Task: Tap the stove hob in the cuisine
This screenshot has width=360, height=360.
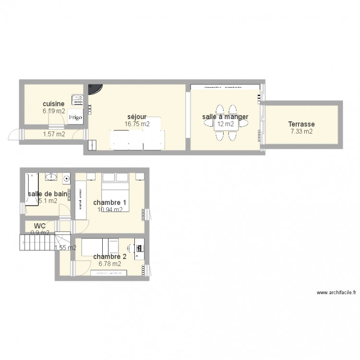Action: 77,100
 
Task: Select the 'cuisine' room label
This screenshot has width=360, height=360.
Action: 53,104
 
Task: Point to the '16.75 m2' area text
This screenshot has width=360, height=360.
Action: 137,124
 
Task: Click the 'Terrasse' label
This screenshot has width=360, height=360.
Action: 301,124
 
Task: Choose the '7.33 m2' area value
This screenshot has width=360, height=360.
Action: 301,131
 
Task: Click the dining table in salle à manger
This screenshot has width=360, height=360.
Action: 226,123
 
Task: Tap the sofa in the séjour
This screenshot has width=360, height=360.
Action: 138,139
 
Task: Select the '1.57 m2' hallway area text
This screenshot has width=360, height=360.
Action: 53,134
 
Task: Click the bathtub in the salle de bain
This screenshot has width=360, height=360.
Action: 32,189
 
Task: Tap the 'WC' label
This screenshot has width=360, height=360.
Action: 40,226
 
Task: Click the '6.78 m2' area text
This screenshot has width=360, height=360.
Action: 109,264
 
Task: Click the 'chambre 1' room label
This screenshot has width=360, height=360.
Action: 109,202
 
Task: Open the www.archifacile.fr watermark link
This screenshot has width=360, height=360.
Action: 334,292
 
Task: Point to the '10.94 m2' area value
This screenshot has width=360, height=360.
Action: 109,209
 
